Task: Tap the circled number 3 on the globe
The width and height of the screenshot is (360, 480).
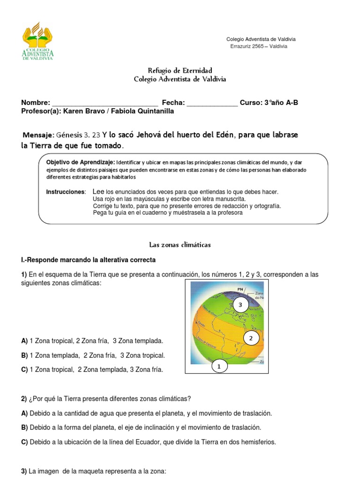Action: [240, 305]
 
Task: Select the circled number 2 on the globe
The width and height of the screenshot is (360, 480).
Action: [251, 338]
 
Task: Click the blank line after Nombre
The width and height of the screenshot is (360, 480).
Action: [105, 103]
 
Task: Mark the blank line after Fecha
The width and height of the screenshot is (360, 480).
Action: [212, 103]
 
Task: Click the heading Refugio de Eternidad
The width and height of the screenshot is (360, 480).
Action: [180, 70]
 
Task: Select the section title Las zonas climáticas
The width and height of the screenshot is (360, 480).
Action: [180, 245]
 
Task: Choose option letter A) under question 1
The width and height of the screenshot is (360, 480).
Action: [24, 341]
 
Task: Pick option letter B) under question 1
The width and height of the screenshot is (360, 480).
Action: [24, 356]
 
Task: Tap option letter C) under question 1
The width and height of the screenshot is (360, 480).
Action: [24, 370]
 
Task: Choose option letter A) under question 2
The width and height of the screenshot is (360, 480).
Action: [24, 413]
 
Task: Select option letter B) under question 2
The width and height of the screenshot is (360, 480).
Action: [24, 427]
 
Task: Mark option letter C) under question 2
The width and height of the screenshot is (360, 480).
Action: [24, 442]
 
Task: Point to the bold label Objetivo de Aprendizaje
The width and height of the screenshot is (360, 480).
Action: [80, 162]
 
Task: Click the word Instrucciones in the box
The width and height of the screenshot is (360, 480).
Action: [66, 192]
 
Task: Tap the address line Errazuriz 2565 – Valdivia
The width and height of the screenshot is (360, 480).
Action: [259, 46]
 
